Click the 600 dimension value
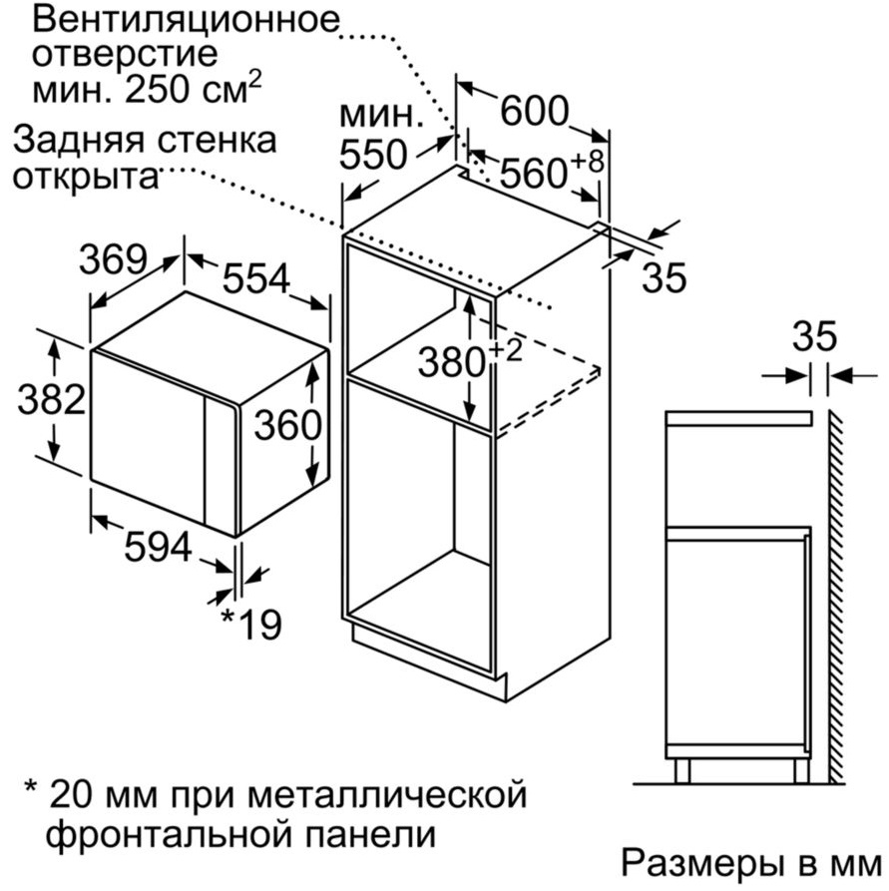pos(534,111)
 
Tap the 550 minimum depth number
pos(373,154)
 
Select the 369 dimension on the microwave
pos(113,259)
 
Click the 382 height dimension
pos(52,399)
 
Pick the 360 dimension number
pos(287,425)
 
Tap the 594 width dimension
pos(158,547)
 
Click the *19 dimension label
pos(250,625)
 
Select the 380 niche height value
pos(452,362)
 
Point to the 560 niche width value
pos(534,174)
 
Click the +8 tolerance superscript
pos(586,162)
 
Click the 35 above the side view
pos(815,336)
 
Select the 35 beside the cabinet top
pos(665,277)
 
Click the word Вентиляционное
pos(186,21)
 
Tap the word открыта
pos(85,177)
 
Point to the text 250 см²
pos(194,89)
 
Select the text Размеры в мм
pos(751,863)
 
